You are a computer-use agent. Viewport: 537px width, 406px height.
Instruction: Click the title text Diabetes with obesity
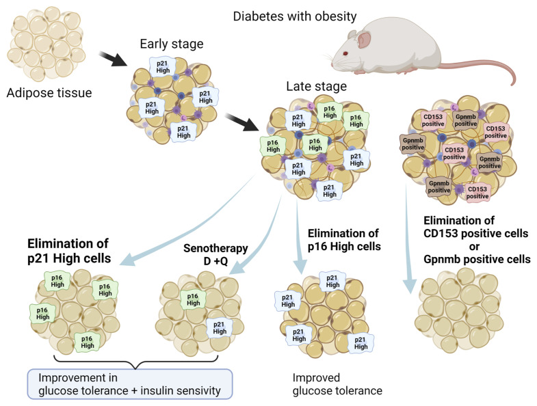tap(295, 16)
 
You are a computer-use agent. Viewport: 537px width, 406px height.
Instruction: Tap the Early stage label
tap(172, 44)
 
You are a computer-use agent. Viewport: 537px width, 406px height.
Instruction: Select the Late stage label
tap(317, 86)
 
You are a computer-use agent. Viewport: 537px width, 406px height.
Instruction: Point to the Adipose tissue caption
tap(49, 93)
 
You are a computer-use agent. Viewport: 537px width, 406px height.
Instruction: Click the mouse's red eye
tap(345, 53)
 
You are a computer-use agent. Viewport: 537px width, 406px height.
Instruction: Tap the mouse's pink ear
tap(364, 40)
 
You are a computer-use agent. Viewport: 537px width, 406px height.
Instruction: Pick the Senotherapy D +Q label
tap(215, 255)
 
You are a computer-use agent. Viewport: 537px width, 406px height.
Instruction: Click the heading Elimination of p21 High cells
tap(69, 251)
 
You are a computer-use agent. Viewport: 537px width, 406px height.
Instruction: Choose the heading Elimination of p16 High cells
tap(344, 240)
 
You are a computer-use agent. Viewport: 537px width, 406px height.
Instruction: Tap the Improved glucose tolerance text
tap(337, 384)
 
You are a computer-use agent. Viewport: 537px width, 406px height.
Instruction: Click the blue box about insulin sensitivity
tap(130, 384)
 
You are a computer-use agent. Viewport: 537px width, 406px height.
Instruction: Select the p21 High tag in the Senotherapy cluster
tap(219, 327)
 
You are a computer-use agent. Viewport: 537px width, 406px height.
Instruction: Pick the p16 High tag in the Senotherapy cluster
tap(193, 299)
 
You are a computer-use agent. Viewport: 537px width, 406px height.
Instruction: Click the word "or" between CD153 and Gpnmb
tap(474, 247)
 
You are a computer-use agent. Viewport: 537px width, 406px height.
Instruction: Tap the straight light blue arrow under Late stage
tap(300, 236)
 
